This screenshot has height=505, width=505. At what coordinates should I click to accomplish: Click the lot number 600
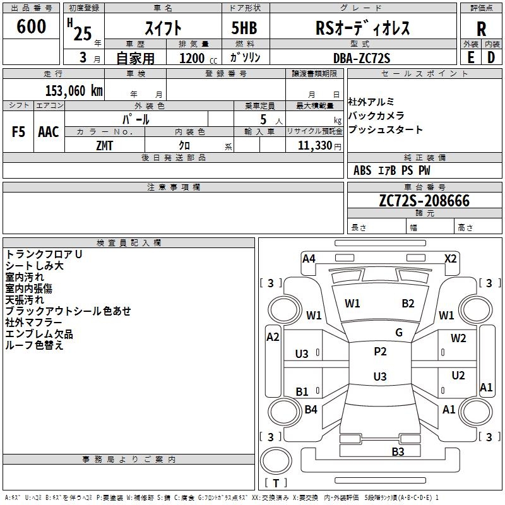[x=32, y=27]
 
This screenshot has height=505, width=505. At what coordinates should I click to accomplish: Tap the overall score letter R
[x=481, y=29]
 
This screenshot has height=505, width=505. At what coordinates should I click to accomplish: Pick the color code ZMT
[x=105, y=145]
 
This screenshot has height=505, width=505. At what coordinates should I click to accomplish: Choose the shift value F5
[x=19, y=132]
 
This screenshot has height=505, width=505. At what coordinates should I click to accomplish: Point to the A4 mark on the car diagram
[x=309, y=258]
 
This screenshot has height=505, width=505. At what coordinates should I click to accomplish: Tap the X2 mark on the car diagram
[x=450, y=258]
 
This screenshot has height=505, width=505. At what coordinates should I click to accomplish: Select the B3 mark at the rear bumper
[x=398, y=451]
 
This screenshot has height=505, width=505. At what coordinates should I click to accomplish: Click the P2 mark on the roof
[x=380, y=352]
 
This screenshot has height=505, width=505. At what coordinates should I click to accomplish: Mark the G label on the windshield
[x=399, y=333]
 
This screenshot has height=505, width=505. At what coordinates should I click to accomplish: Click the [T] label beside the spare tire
[x=275, y=484]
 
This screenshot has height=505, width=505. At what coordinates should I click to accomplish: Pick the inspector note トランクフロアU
[x=44, y=254]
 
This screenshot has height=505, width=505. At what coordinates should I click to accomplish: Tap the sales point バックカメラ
[x=377, y=116]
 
